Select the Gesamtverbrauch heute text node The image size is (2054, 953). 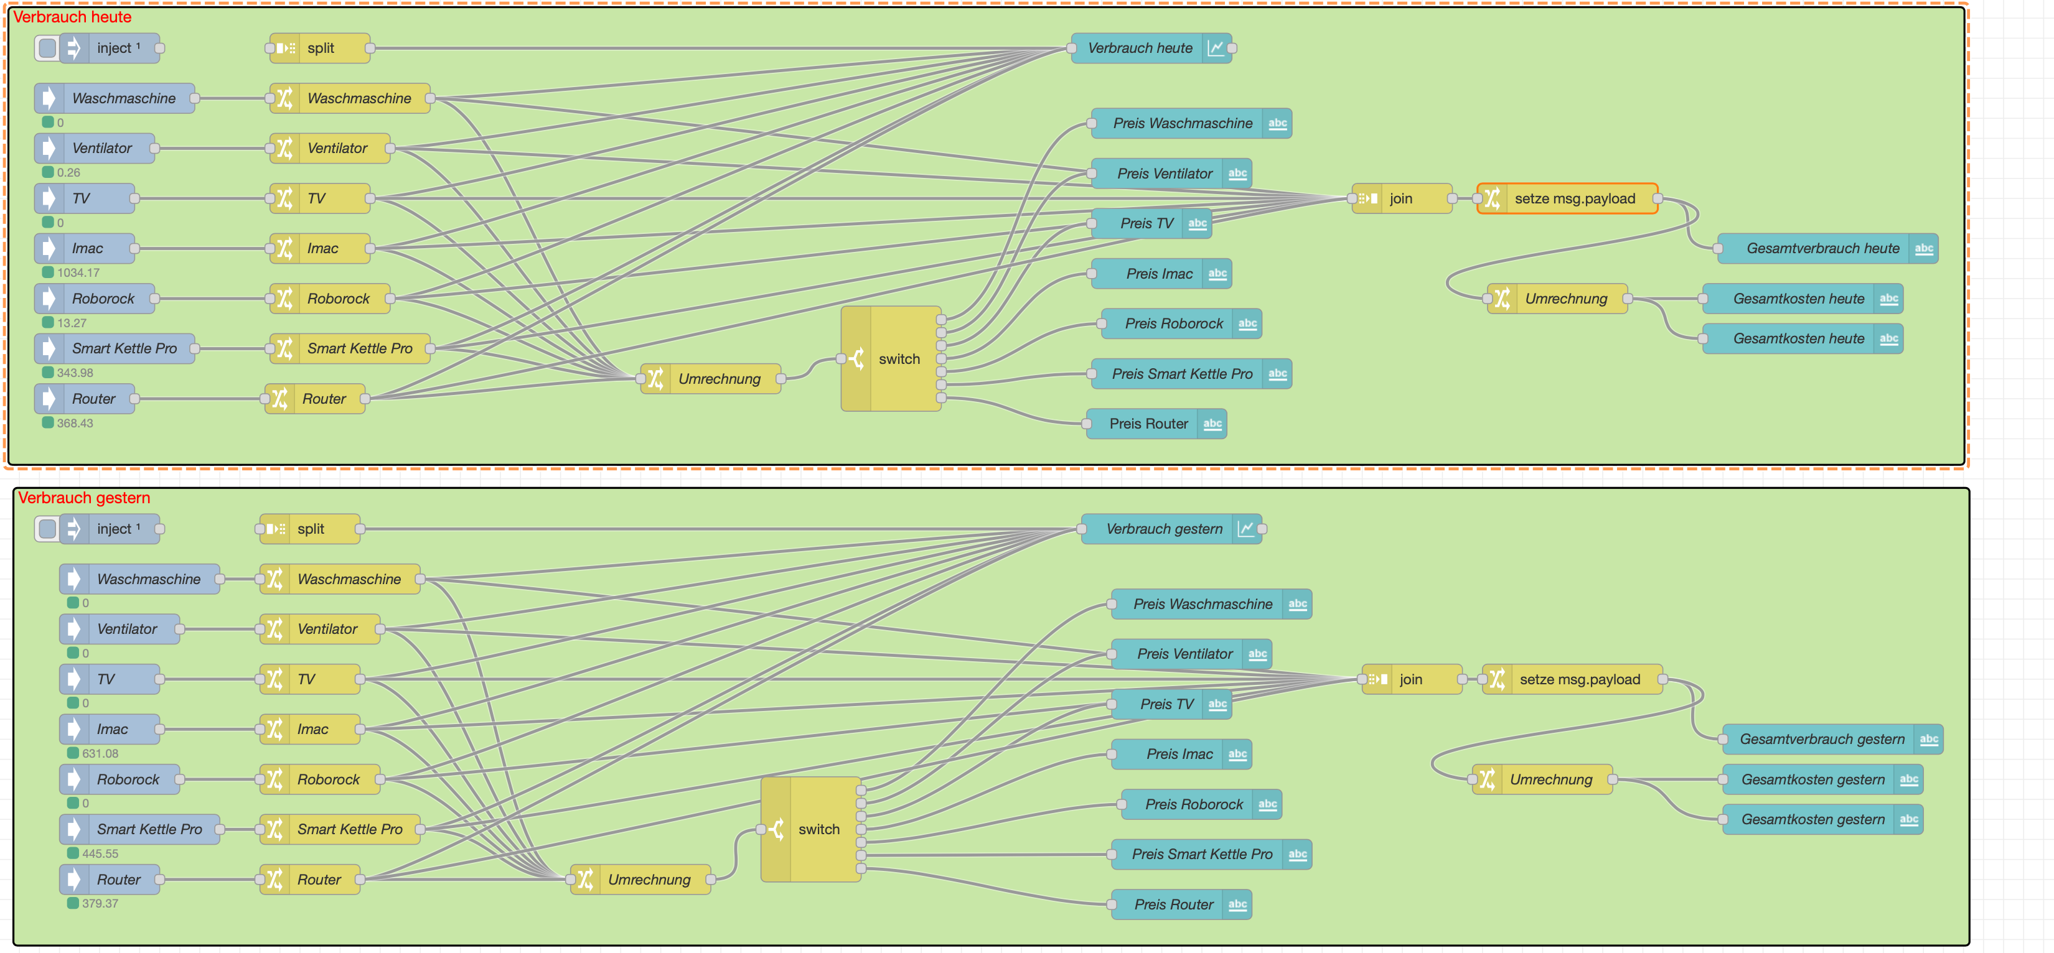tap(1822, 249)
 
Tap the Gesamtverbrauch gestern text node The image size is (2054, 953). tap(1821, 740)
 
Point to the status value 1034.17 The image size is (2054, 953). tap(78, 272)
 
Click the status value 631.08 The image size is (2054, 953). tap(100, 753)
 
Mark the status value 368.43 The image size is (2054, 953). tap(75, 423)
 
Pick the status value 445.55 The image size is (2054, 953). tap(100, 853)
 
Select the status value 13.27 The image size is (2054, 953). tap(72, 323)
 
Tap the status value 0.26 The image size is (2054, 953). tap(68, 172)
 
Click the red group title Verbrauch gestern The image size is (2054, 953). tap(84, 498)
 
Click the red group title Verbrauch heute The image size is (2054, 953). tap(72, 17)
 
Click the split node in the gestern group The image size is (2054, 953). tap(310, 529)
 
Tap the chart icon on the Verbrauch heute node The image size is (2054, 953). tap(1215, 49)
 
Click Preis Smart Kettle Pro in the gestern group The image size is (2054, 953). tap(1202, 854)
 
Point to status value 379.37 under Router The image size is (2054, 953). tap(100, 904)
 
